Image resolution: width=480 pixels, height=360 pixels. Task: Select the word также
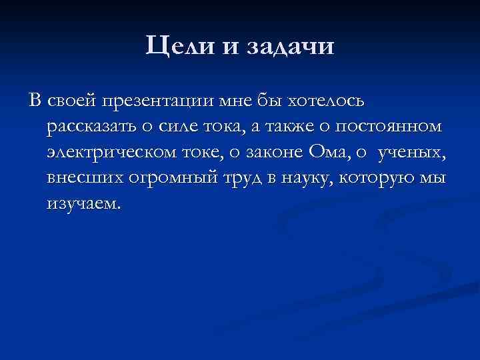pyautogui.click(x=294, y=127)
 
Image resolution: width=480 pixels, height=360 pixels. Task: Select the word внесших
pyautogui.click(x=81, y=179)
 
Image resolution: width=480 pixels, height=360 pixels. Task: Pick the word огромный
pyautogui.click(x=163, y=179)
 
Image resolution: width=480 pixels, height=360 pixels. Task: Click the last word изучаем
pyautogui.click(x=85, y=204)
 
